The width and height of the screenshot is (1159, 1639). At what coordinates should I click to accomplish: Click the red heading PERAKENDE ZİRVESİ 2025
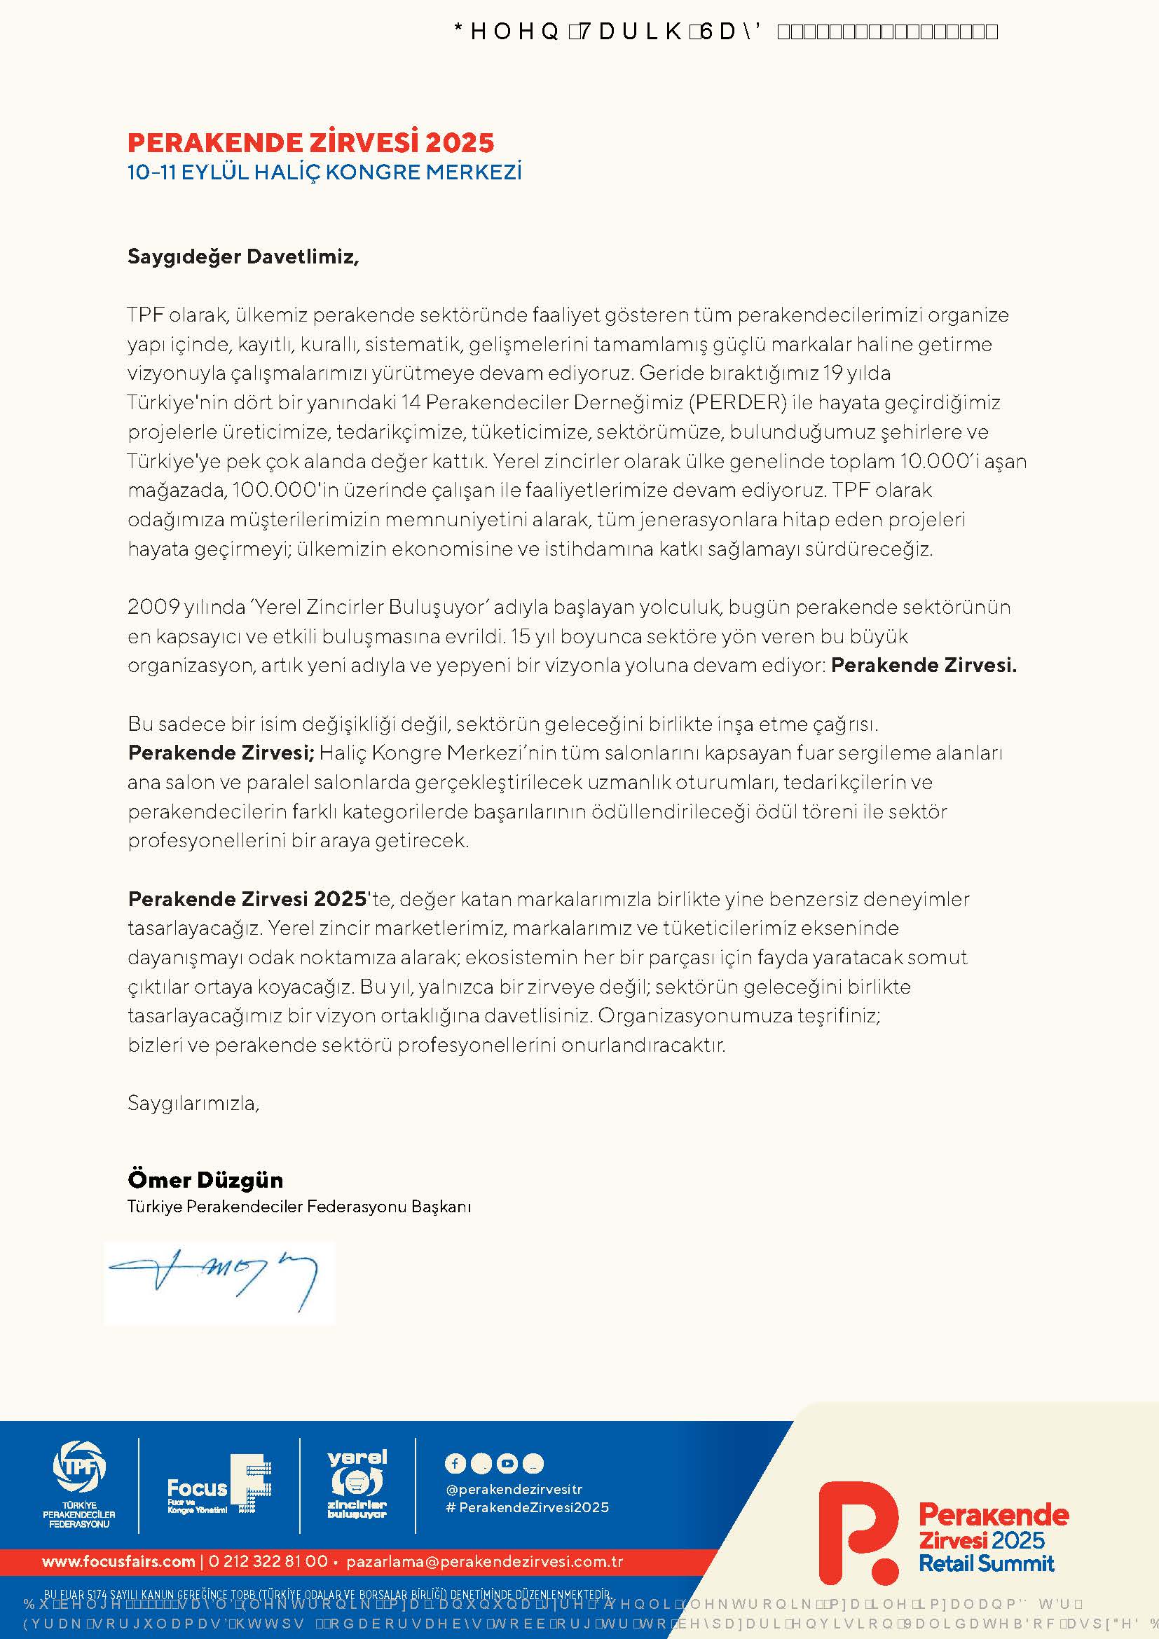click(310, 143)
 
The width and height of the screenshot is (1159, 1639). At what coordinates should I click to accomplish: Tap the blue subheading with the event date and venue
click(324, 173)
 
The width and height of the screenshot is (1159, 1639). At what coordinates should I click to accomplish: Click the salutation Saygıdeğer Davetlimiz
click(242, 256)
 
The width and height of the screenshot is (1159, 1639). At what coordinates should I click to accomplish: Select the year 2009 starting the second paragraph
click(153, 608)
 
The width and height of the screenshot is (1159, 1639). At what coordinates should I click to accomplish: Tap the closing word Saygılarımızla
click(193, 1103)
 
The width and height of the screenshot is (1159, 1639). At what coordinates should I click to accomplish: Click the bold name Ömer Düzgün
click(205, 1179)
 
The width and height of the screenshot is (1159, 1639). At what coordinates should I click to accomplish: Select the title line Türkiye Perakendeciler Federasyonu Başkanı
click(299, 1207)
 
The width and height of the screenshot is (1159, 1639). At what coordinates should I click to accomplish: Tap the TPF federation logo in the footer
click(79, 1474)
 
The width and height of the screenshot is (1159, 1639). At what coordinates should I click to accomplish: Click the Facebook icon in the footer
click(455, 1463)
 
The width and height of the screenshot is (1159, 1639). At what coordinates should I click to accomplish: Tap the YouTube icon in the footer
click(507, 1463)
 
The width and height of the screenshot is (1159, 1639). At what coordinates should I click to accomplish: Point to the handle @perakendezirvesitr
click(514, 1490)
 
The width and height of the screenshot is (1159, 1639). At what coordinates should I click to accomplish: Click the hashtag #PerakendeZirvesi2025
click(527, 1508)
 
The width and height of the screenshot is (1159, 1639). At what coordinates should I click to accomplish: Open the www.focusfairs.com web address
click(118, 1562)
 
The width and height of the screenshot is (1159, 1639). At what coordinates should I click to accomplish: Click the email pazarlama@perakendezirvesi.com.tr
click(485, 1562)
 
